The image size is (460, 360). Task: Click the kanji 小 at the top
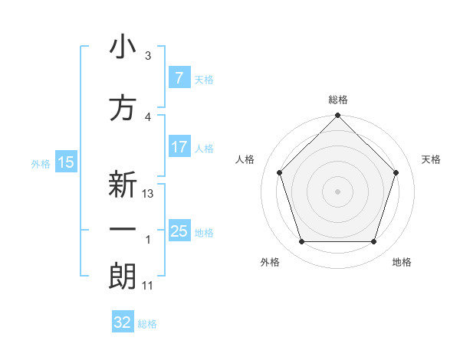click(x=123, y=48)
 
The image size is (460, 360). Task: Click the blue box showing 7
click(x=179, y=77)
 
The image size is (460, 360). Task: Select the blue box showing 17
click(x=179, y=147)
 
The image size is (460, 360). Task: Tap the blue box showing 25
click(x=179, y=231)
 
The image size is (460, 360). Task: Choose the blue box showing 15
click(x=65, y=162)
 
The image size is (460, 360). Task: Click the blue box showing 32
click(x=123, y=322)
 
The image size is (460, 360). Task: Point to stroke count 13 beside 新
click(x=149, y=194)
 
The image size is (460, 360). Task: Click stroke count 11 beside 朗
click(x=148, y=285)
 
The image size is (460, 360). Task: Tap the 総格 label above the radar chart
click(x=337, y=100)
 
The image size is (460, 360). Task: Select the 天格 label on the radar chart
click(x=431, y=159)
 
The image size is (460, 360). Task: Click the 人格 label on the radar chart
click(x=245, y=159)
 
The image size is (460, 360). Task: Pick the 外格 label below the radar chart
click(x=270, y=262)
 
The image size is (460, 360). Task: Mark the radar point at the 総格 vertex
click(x=337, y=116)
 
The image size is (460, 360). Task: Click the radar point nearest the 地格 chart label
click(x=373, y=242)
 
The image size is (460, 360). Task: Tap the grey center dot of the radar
click(x=337, y=191)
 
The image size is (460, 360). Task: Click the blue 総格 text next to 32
click(x=147, y=324)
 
